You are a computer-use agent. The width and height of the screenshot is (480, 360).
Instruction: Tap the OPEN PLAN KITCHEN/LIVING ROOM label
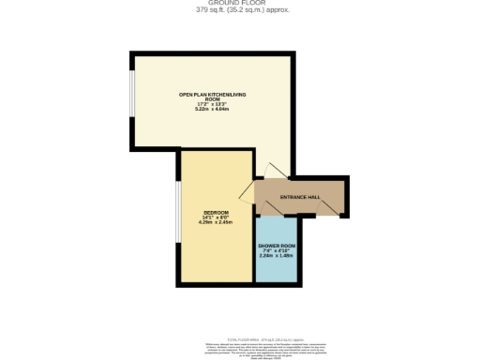pyautogui.click(x=213, y=97)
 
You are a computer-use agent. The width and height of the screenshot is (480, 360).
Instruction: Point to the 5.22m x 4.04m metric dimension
pyautogui.click(x=213, y=109)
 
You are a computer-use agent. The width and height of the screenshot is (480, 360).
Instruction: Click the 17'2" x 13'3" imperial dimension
pyautogui.click(x=213, y=104)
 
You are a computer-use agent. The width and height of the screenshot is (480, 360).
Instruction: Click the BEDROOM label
pyautogui.click(x=215, y=213)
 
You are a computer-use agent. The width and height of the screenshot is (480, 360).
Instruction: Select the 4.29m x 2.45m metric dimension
pyautogui.click(x=215, y=223)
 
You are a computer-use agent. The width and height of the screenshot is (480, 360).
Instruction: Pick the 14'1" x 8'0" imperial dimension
pyautogui.click(x=215, y=218)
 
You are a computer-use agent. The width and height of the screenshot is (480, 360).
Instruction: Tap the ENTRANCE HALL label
pyautogui.click(x=300, y=197)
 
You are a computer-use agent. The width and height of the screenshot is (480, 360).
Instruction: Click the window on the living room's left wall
pyautogui.click(x=133, y=97)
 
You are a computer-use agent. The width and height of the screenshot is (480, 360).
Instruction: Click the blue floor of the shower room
pyautogui.click(x=277, y=267)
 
